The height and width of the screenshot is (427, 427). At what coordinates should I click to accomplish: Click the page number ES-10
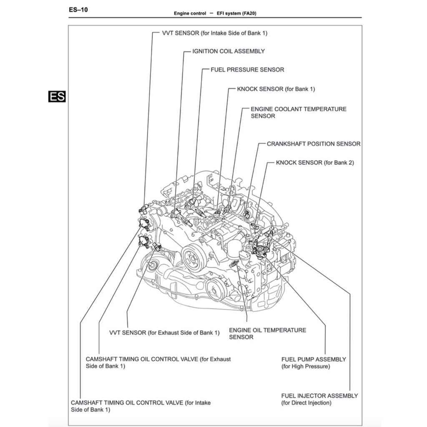coord(78,9)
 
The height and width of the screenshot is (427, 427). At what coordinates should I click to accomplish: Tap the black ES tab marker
coord(57,96)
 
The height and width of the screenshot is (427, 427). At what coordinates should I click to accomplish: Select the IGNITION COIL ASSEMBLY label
coord(228,51)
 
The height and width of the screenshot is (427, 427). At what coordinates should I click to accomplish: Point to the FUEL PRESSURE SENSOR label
coord(247,70)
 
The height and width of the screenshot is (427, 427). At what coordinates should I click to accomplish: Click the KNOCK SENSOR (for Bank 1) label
coord(276,89)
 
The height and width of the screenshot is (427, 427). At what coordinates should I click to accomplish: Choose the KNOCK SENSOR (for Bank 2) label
coord(315,163)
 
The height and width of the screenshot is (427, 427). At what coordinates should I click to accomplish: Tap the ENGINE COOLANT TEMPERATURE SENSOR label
coord(298,113)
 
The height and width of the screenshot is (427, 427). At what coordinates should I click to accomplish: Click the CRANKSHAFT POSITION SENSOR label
coord(314,144)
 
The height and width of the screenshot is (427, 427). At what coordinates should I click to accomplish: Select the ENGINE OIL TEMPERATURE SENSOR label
coord(267,334)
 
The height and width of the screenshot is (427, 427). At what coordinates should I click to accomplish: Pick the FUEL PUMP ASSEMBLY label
coord(314,363)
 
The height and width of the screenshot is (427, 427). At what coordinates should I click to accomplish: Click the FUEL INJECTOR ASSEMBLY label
coord(319,399)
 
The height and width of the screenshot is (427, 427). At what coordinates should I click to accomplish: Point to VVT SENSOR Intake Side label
coord(214,33)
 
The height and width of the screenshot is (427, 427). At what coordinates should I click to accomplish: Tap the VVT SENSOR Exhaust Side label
coord(164,333)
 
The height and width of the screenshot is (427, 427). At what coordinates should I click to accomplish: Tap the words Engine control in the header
coord(190,13)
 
